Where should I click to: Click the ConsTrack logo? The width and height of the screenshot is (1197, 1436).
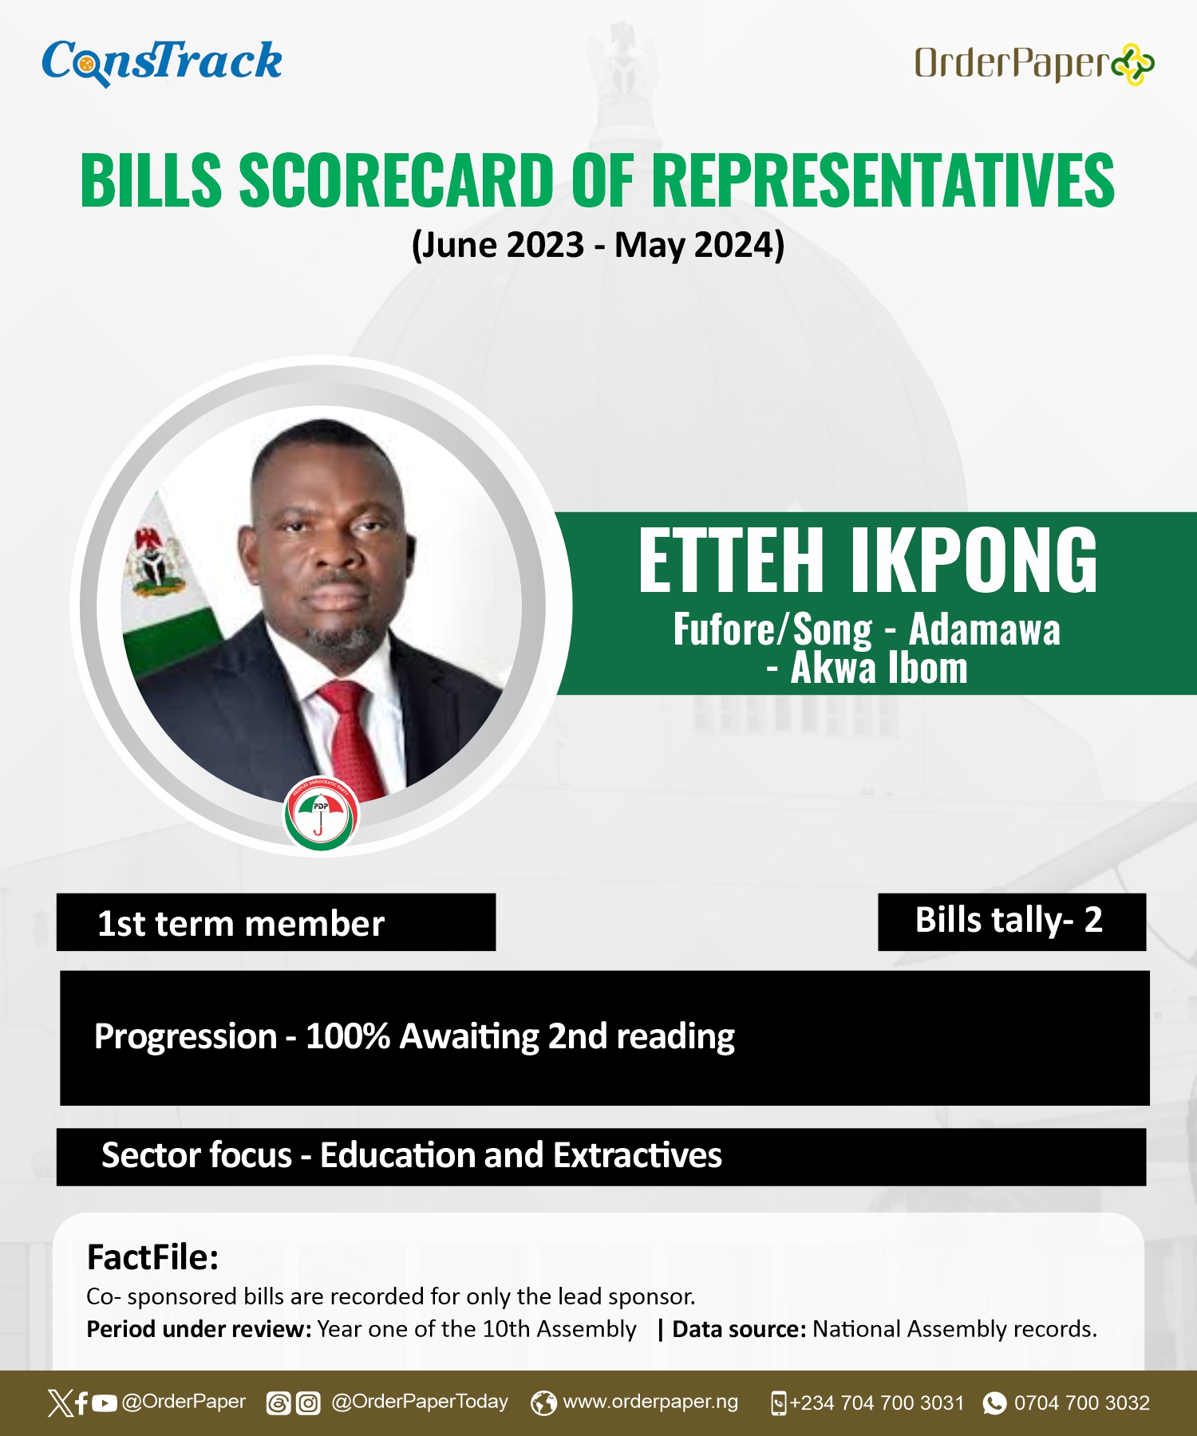(162, 62)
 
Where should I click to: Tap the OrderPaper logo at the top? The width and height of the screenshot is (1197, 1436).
(1034, 64)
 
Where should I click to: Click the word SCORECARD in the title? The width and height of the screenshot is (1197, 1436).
(397, 180)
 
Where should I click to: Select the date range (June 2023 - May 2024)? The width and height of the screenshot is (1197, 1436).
(598, 245)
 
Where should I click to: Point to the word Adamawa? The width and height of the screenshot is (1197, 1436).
(985, 629)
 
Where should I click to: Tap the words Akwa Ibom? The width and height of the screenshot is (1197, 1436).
(879, 668)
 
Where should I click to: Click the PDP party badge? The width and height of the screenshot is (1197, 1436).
(322, 815)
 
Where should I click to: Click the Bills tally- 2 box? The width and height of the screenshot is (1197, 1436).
(1012, 921)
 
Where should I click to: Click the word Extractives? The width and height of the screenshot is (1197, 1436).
(638, 1155)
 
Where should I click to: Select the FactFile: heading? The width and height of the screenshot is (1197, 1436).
(152, 1257)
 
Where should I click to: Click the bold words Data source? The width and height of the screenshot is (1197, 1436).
(739, 1329)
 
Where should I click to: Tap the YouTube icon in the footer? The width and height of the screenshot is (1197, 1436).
(105, 1403)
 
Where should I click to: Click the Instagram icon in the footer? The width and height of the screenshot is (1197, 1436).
(308, 1403)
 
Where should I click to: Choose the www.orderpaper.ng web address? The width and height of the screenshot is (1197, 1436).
(650, 1402)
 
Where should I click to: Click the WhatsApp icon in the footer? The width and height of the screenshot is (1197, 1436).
(994, 1403)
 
